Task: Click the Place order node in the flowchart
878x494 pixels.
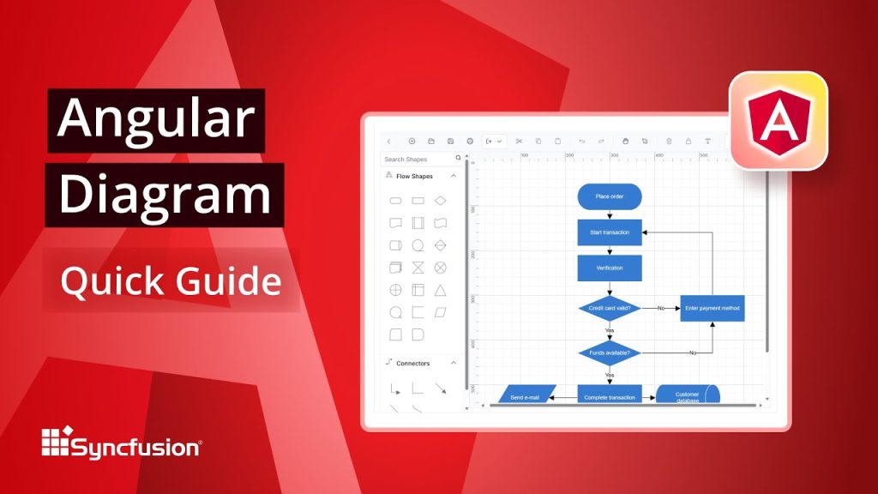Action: [x=609, y=196]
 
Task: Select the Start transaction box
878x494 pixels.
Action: [x=609, y=232]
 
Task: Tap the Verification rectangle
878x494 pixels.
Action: [x=609, y=268]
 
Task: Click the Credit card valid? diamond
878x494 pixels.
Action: [x=609, y=308]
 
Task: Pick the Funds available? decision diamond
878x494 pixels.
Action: [x=609, y=352]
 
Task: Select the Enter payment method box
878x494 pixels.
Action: [x=712, y=308]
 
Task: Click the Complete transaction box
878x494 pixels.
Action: [x=609, y=397]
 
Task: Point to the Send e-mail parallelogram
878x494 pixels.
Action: [x=525, y=397]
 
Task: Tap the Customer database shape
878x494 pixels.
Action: [x=687, y=396]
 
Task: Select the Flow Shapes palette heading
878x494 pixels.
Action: [x=414, y=177]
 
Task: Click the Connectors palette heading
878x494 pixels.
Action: [x=413, y=364]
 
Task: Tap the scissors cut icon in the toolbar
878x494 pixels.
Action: [x=519, y=141]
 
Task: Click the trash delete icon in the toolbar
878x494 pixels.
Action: [x=669, y=141]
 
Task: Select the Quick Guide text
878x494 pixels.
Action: [x=170, y=280]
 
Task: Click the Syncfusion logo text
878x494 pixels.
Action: [x=135, y=448]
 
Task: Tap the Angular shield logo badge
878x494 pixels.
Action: [x=779, y=121]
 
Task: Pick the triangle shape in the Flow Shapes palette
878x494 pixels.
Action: [x=440, y=290]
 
